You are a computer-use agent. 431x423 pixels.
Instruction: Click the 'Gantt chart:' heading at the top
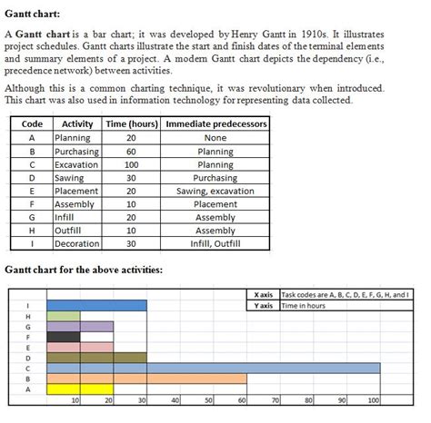click(x=34, y=11)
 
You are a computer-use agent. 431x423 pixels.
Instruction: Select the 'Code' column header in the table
click(x=32, y=124)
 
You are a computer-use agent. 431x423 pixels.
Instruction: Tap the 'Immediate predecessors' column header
click(x=215, y=124)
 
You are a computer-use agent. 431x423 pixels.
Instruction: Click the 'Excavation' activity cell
click(x=76, y=165)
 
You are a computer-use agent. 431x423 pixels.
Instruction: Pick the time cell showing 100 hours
click(x=131, y=165)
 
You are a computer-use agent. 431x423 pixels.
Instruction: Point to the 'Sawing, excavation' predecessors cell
click(x=215, y=192)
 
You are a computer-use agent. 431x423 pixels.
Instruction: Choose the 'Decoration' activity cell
click(x=77, y=244)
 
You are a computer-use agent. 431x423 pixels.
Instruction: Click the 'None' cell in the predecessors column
click(x=215, y=138)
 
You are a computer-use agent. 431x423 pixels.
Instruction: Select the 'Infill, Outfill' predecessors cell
click(x=215, y=244)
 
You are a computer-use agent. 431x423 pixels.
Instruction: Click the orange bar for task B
click(x=145, y=378)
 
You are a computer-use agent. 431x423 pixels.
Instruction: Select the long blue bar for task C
click(x=213, y=368)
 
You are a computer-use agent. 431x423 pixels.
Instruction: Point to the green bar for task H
click(x=63, y=315)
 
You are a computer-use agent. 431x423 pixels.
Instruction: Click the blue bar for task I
click(x=95, y=305)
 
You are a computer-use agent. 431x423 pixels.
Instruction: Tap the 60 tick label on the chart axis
click(x=243, y=399)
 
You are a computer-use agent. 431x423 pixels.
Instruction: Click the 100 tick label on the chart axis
click(x=373, y=399)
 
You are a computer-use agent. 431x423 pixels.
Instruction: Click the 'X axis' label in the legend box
click(x=264, y=295)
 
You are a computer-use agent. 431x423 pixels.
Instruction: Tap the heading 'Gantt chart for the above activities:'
click(x=84, y=270)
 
